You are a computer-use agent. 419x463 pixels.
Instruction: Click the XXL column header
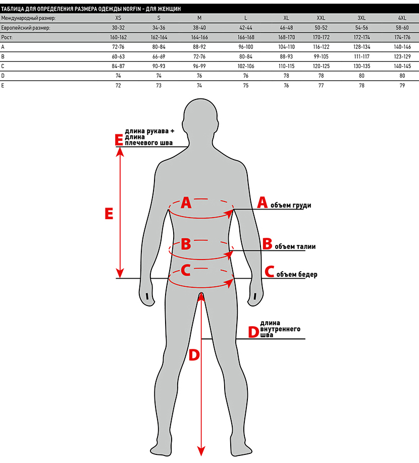321,18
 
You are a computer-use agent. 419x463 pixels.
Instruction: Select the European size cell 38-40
199,28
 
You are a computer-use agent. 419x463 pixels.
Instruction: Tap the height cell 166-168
246,37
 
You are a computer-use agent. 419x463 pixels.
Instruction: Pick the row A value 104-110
286,47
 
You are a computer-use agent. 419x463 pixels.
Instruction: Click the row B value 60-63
118,57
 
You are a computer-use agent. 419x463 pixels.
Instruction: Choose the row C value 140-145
402,66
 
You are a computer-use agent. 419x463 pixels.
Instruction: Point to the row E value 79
402,85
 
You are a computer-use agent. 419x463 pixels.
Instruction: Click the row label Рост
7,37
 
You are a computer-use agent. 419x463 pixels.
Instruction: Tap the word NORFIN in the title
132,9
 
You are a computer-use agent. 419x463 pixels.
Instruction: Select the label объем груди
291,205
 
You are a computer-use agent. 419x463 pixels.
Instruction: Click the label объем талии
295,246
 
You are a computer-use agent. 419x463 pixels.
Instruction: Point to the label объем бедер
297,274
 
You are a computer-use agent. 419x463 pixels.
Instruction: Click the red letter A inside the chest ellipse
186,203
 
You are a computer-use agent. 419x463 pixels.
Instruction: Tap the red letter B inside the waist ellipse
186,244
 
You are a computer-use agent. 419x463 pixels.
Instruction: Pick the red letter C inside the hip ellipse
185,271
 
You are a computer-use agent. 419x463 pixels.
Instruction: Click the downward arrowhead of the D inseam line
201,451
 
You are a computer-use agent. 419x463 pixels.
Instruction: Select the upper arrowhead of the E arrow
120,152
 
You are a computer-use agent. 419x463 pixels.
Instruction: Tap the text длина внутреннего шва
280,329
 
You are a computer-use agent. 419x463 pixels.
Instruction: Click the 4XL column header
402,18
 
